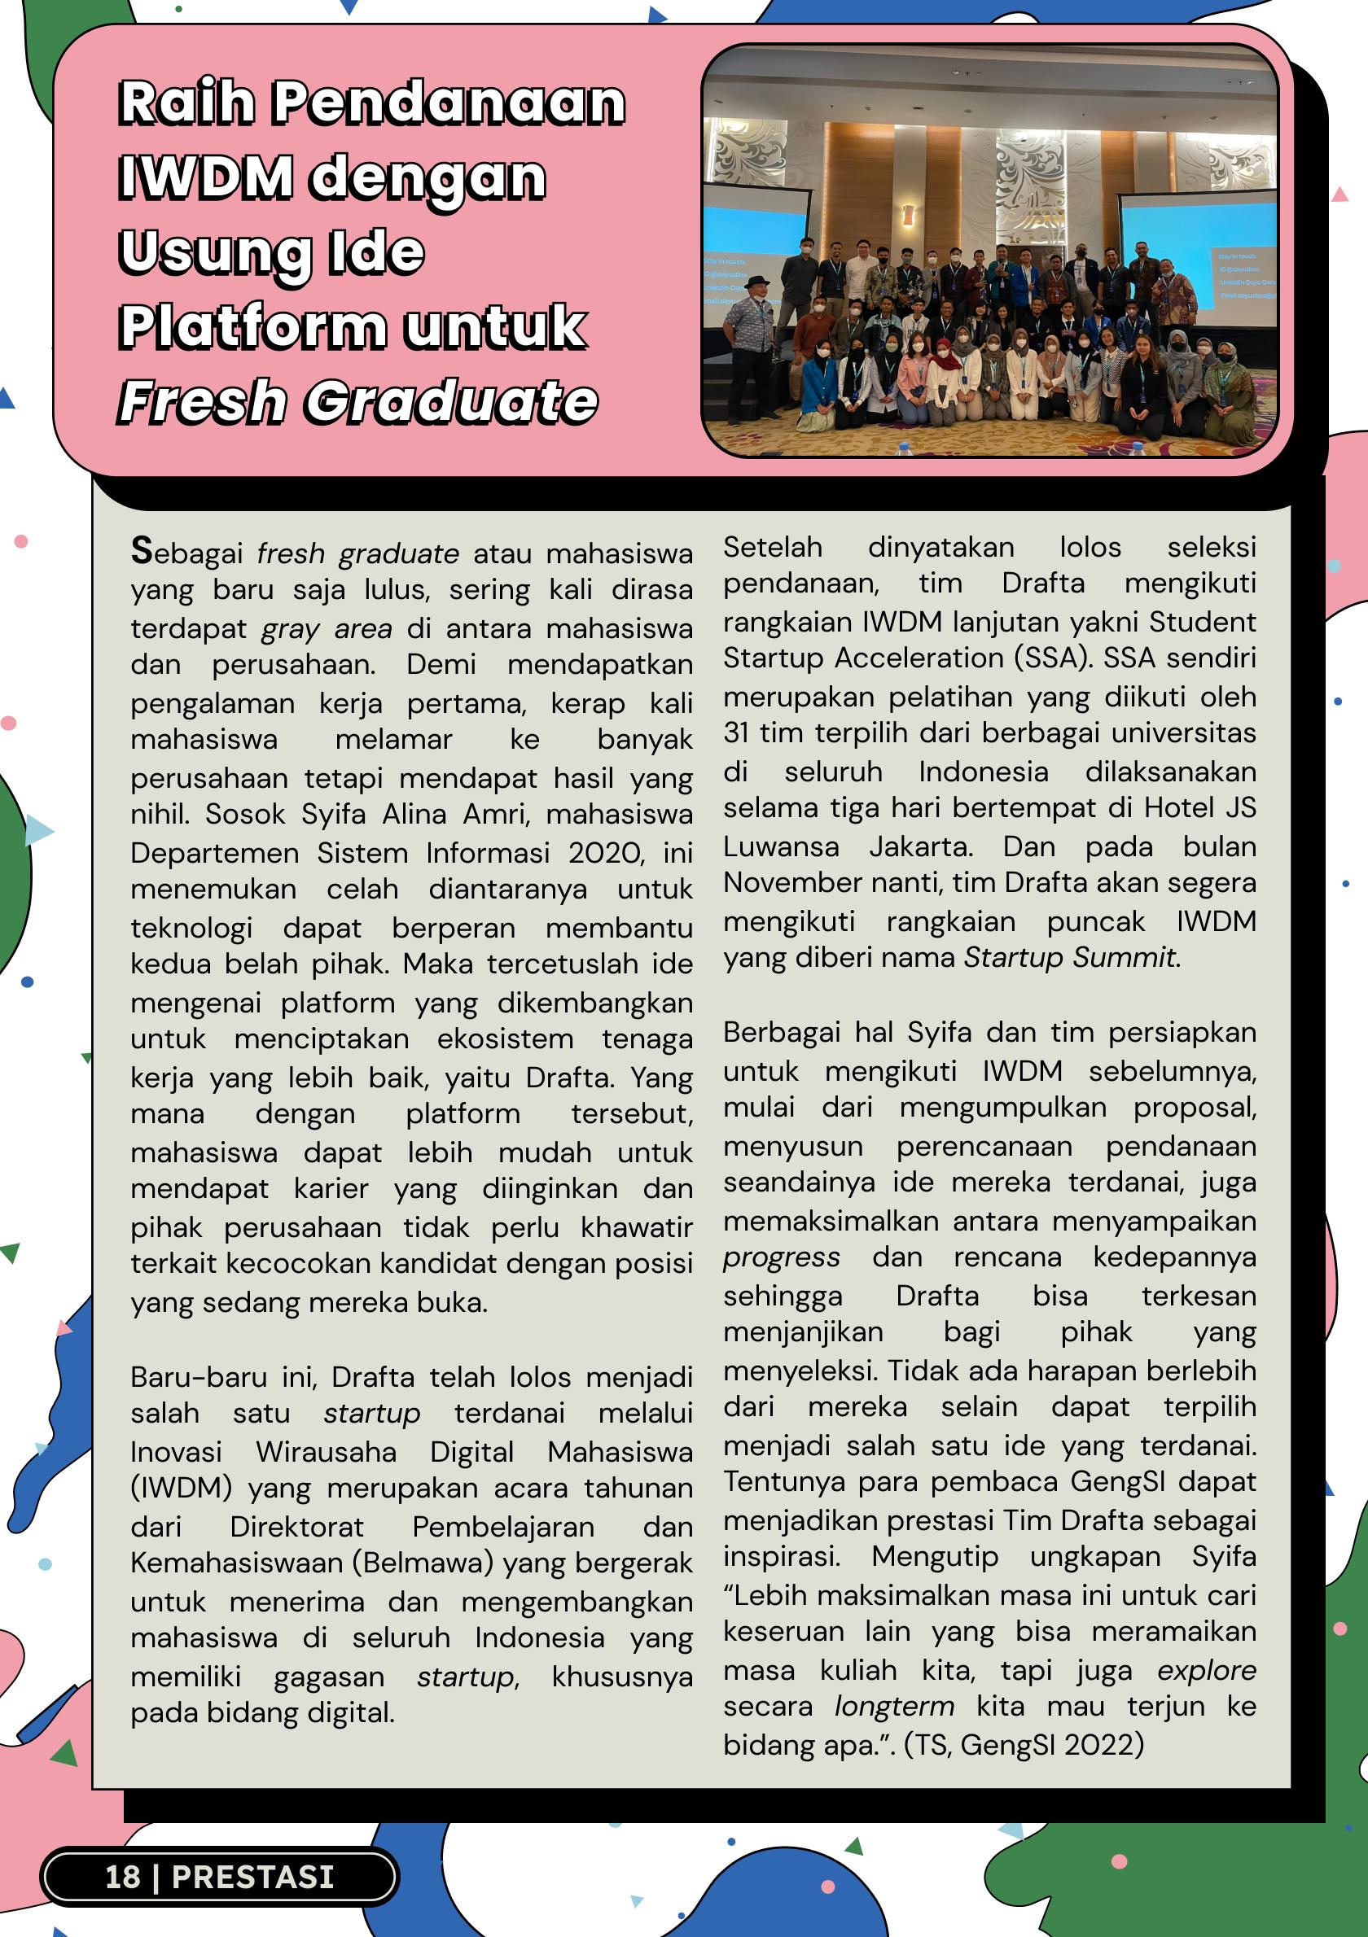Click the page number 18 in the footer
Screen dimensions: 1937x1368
(x=122, y=1876)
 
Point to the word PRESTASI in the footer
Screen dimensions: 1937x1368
(x=253, y=1876)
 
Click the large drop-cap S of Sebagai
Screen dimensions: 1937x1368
(x=142, y=551)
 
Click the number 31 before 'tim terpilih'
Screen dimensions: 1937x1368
(x=736, y=732)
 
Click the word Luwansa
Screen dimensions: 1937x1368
(x=781, y=846)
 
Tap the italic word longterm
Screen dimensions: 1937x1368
(x=894, y=1706)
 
